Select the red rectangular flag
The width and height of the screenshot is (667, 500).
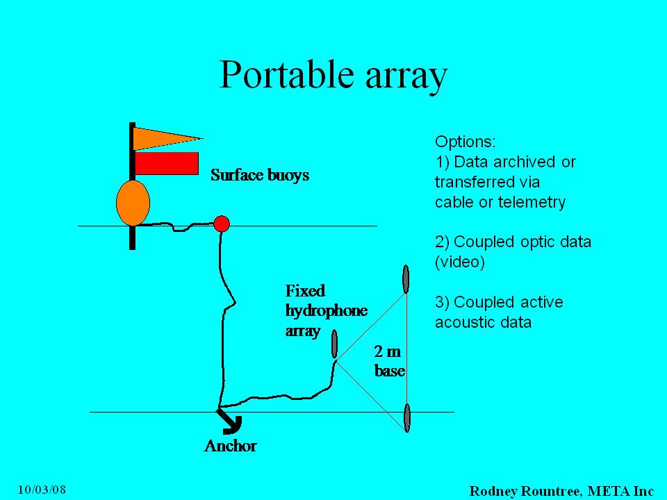(x=167, y=163)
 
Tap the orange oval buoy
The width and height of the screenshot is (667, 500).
(x=133, y=203)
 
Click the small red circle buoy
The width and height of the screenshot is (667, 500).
(x=222, y=224)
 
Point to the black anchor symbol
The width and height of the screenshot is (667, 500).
(x=230, y=422)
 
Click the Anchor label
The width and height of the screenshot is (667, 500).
(x=230, y=446)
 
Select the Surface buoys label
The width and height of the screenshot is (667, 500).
(x=260, y=175)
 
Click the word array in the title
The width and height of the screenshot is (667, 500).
(x=406, y=76)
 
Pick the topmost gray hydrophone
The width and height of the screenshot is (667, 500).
(x=406, y=279)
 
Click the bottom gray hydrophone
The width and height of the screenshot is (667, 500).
(x=407, y=418)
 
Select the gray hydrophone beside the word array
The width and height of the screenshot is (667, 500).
(x=334, y=344)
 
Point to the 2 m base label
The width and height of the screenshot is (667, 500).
(x=389, y=361)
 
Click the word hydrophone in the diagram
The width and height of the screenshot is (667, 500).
(x=327, y=311)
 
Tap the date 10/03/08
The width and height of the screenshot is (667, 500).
(x=42, y=490)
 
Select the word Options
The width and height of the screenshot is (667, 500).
(x=466, y=142)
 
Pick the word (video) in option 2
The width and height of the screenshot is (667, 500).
(x=460, y=262)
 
